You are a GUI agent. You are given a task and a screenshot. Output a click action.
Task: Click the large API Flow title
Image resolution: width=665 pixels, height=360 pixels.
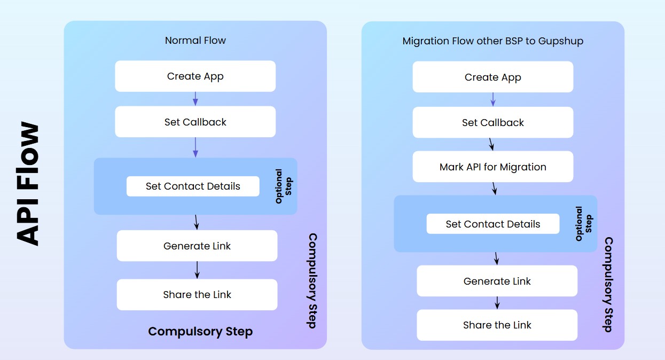pyautogui.click(x=28, y=184)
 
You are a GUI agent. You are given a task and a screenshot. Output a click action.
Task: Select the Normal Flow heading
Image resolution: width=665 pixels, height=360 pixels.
pyautogui.click(x=195, y=41)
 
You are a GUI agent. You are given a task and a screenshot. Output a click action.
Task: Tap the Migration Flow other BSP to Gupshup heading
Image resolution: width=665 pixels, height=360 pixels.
pyautogui.click(x=492, y=41)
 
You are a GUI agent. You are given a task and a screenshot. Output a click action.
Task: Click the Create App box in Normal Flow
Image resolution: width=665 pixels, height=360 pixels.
pyautogui.click(x=195, y=76)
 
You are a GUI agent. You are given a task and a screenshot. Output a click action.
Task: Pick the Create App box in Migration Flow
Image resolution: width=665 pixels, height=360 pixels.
pyautogui.click(x=492, y=77)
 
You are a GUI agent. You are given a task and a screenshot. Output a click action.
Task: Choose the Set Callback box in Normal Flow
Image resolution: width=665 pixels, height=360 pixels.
pyautogui.click(x=195, y=122)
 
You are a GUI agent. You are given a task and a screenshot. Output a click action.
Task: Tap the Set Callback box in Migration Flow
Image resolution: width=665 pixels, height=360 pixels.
pyautogui.click(x=492, y=123)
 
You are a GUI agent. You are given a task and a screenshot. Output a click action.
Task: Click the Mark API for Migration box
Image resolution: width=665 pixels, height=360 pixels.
pyautogui.click(x=492, y=167)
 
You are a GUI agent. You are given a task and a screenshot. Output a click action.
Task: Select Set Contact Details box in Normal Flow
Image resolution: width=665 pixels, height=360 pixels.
pyautogui.click(x=193, y=186)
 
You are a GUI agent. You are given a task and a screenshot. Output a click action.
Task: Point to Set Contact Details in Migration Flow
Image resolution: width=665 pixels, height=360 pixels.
pyautogui.click(x=492, y=224)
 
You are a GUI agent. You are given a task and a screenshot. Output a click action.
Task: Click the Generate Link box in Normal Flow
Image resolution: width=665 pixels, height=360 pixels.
pyautogui.click(x=197, y=246)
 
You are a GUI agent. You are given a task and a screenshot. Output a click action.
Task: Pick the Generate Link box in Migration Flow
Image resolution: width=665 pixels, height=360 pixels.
pyautogui.click(x=497, y=281)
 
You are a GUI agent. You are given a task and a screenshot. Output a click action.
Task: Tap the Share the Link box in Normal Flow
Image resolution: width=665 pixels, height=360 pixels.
pyautogui.click(x=197, y=295)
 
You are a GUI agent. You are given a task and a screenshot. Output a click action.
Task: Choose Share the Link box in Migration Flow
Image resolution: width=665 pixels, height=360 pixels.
pyautogui.click(x=497, y=325)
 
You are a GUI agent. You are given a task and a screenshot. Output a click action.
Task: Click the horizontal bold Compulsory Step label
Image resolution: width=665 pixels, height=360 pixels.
pyautogui.click(x=200, y=332)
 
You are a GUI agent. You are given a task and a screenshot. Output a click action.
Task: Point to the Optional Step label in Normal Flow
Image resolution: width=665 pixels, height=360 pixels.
pyautogui.click(x=283, y=186)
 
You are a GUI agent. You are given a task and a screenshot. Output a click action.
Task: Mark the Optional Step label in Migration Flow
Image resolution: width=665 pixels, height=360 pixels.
pyautogui.click(x=583, y=224)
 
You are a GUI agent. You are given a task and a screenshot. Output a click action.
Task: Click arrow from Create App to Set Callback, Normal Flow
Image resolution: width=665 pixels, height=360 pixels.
pyautogui.click(x=195, y=99)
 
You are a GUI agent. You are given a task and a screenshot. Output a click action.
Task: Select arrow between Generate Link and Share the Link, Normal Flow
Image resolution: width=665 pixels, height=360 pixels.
pyautogui.click(x=197, y=270)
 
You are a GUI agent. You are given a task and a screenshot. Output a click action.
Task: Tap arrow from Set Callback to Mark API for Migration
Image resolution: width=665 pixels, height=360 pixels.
pyautogui.click(x=491, y=144)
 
